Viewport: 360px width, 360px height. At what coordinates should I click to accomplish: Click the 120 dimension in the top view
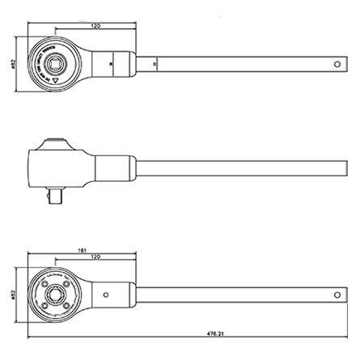pyautogui.click(x=95, y=26)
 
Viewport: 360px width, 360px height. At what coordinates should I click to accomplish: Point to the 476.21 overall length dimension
pyautogui.click(x=215, y=332)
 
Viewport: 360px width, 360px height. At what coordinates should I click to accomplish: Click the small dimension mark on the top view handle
pyautogui.click(x=155, y=63)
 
